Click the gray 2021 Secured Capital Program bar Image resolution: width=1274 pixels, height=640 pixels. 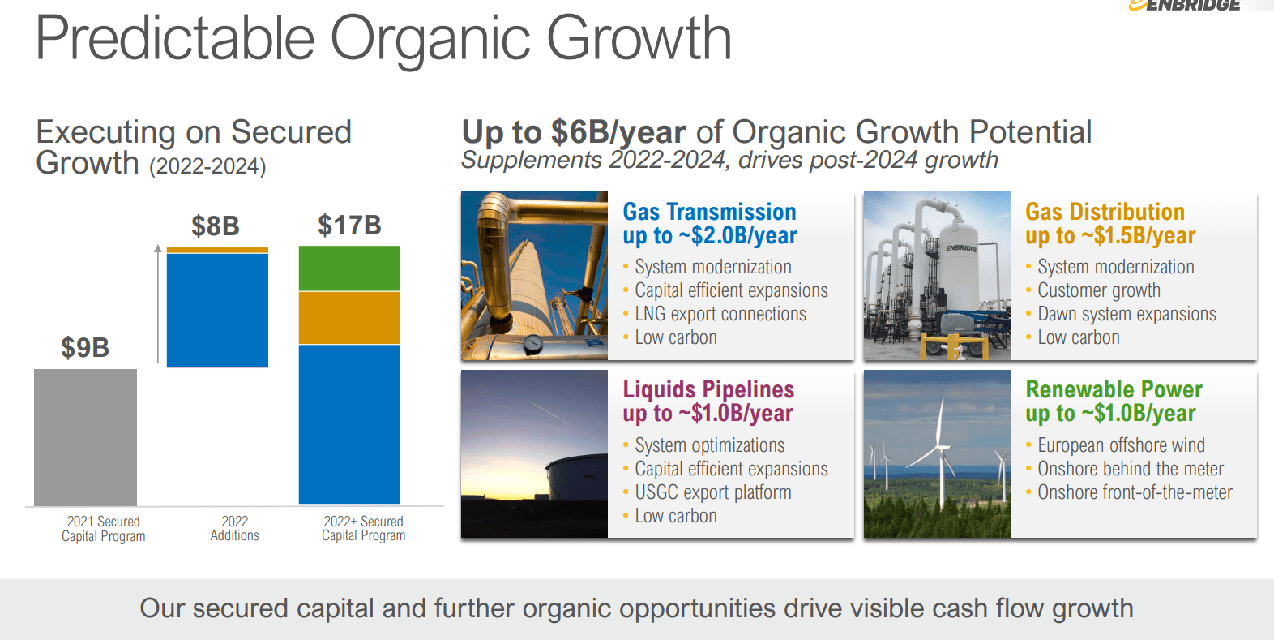point(85,437)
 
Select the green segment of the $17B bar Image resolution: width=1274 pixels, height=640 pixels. point(349,268)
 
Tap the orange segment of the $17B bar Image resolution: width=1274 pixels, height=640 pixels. point(349,318)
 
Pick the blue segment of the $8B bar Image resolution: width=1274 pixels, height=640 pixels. point(217,311)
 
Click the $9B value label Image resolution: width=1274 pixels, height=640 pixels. point(85,347)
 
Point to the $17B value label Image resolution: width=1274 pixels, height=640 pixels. point(349,225)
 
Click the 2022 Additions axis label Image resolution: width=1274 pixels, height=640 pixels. point(234,528)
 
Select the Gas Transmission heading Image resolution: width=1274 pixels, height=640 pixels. point(709,212)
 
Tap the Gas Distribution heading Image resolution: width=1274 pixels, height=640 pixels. point(1105,212)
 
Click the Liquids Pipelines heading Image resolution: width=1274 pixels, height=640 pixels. point(708,389)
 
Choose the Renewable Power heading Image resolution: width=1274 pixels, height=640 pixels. point(1114,389)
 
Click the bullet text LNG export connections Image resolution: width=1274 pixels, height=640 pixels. point(720,314)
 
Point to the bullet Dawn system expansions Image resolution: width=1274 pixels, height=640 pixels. point(1127,314)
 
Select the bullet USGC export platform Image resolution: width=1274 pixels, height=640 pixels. point(713,492)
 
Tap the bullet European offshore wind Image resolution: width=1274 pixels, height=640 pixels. point(1121,445)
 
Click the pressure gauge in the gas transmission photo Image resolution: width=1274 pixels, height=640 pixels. point(533,343)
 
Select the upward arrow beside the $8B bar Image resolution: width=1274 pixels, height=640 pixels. point(158,304)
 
